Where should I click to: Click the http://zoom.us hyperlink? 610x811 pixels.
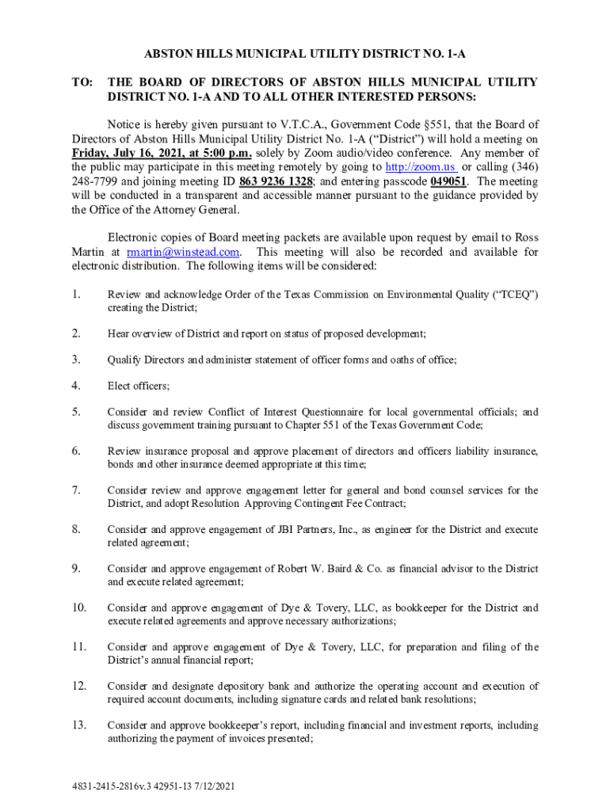[419, 167]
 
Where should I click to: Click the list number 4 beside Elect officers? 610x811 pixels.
[76, 386]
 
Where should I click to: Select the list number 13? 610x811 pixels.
[79, 725]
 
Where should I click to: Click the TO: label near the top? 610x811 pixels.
[82, 82]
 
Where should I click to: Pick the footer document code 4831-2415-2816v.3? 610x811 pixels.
[116, 787]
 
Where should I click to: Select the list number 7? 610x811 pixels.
[76, 490]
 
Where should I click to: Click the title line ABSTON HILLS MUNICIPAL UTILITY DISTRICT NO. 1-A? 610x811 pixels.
[304, 55]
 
